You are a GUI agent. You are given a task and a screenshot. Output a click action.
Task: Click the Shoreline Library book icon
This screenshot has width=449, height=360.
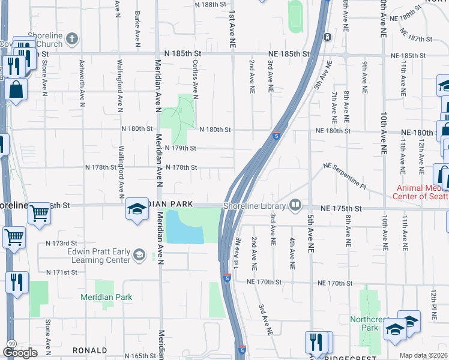point(295,206)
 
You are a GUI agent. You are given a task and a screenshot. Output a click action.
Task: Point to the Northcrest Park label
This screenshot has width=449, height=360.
point(365,323)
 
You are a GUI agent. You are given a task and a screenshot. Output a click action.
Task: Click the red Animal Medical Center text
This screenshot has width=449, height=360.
point(420,191)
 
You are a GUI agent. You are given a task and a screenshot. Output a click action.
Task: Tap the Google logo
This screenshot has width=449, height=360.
point(20,353)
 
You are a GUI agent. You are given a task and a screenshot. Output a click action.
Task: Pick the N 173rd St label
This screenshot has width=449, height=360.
point(62,244)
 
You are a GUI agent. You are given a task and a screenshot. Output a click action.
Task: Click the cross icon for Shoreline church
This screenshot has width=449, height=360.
point(71,40)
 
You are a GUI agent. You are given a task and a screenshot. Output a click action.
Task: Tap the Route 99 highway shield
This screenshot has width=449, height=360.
point(10,343)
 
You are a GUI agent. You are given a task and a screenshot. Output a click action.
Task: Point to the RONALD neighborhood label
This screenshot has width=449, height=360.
point(89,350)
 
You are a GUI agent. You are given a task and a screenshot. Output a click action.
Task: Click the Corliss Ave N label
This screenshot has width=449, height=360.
point(195,75)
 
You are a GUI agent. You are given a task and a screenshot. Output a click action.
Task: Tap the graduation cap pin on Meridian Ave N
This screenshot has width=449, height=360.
point(137,209)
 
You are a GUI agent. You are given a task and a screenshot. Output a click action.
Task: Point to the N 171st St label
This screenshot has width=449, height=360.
point(62,272)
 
